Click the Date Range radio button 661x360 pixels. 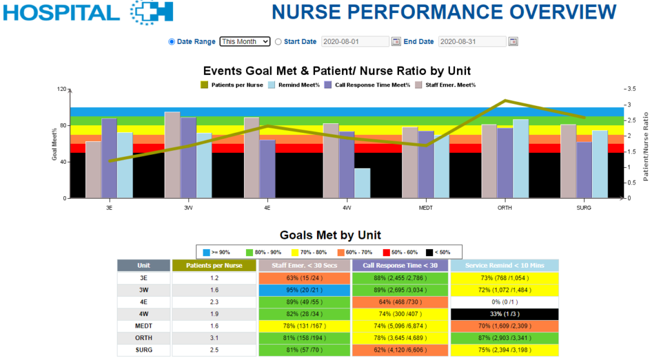(172, 41)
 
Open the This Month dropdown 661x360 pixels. (245, 41)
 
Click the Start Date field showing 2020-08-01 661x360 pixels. (355, 41)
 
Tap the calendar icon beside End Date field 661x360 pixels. (513, 41)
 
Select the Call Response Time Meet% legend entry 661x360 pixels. (367, 85)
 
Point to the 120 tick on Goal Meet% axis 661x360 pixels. (62, 89)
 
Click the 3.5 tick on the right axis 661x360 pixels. (631, 89)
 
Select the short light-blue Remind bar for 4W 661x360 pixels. (362, 183)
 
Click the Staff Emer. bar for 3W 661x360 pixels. (172, 155)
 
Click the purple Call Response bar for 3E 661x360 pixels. (109, 158)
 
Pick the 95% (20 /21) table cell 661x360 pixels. (305, 290)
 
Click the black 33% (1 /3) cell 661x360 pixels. (503, 314)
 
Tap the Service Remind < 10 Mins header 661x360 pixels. (503, 265)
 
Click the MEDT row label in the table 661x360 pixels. (144, 326)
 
